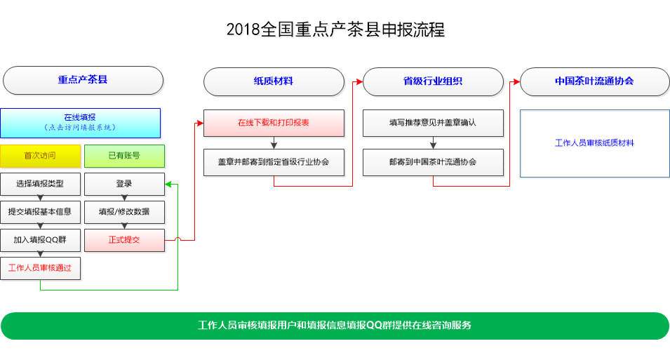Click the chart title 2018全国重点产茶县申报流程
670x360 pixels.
coord(335,29)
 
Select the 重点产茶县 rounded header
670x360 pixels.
coord(83,80)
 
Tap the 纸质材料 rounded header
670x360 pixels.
coord(274,81)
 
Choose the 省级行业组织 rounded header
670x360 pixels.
coord(433,81)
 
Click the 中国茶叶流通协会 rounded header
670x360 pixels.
coord(594,81)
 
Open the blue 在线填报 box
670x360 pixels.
coord(81,123)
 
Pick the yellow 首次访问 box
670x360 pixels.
coord(40,156)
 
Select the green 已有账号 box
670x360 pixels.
coord(124,156)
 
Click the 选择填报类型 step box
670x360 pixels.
coord(40,184)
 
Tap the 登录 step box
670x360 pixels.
coord(124,184)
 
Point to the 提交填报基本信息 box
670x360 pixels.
coord(40,212)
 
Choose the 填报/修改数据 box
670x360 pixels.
coord(124,212)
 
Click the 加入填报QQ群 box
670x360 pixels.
coord(40,240)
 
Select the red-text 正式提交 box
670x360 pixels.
coord(124,240)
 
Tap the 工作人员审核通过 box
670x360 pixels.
coord(40,269)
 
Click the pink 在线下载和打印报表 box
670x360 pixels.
coord(274,123)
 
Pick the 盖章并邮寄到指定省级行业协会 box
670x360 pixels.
coord(274,163)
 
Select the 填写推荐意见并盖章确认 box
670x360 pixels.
coord(433,123)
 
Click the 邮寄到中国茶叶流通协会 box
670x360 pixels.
coord(433,163)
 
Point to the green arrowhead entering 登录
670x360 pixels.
coord(168,185)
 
